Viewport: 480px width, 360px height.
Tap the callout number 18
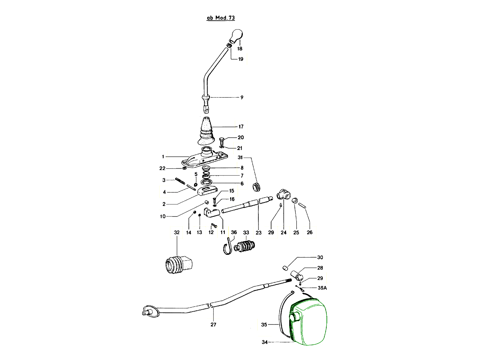pyautogui.click(x=240, y=49)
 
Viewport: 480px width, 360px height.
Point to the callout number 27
pyautogui.click(x=213, y=324)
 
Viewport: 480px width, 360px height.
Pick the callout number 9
pyautogui.click(x=242, y=97)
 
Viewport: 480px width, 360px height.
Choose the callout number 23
pyautogui.click(x=258, y=232)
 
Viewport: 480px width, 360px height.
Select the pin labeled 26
pyautogui.click(x=303, y=205)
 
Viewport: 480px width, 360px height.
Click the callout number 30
pyautogui.click(x=320, y=257)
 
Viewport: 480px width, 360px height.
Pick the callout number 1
pyautogui.click(x=163, y=156)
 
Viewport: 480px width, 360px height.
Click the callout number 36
pyautogui.click(x=234, y=232)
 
